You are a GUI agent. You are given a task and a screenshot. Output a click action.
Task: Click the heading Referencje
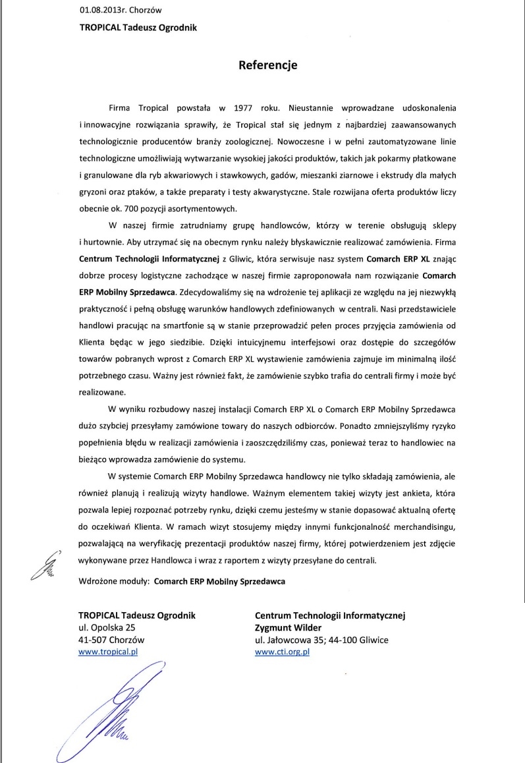click(267, 65)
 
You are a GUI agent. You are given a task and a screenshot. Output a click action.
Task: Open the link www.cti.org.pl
click(282, 652)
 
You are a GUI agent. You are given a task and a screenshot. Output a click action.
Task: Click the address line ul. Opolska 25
click(107, 627)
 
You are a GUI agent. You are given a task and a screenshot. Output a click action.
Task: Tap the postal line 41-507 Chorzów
click(111, 640)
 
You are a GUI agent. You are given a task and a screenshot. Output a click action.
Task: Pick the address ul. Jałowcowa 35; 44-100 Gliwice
click(321, 640)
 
